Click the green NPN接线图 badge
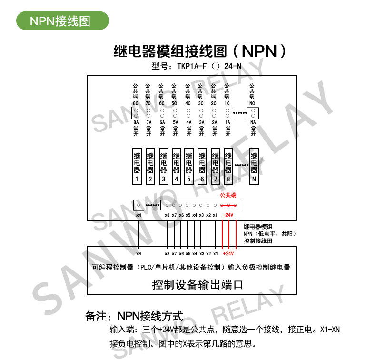coord(62,21)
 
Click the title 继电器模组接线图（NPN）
coord(200,50)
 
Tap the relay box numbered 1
coord(137,166)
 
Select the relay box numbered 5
coord(189,166)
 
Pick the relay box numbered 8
coord(228,166)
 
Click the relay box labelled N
coord(254,166)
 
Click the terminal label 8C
coord(136,103)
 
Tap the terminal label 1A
coord(227,122)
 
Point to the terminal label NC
coord(252,103)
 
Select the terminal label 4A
coord(188,122)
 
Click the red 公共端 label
coord(228,195)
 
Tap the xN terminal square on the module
coord(139,206)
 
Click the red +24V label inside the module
coord(228,215)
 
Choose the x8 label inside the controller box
coord(167,253)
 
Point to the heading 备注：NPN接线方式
coord(134,316)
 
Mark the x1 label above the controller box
coord(215,215)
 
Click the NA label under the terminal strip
coord(253,122)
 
